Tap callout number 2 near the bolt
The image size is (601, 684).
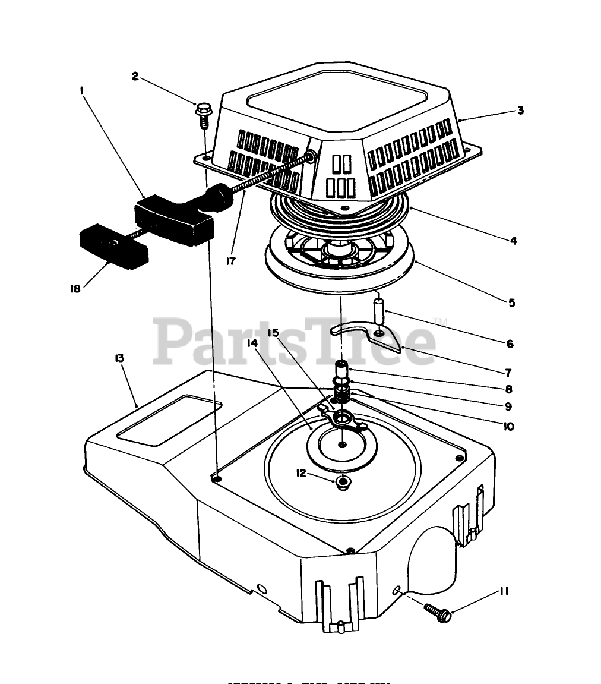pos(135,76)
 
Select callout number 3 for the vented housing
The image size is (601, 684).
pos(520,111)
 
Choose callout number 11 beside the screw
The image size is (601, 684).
pos(504,591)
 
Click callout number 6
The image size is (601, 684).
pos(510,343)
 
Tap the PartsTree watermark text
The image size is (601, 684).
pos(294,342)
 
